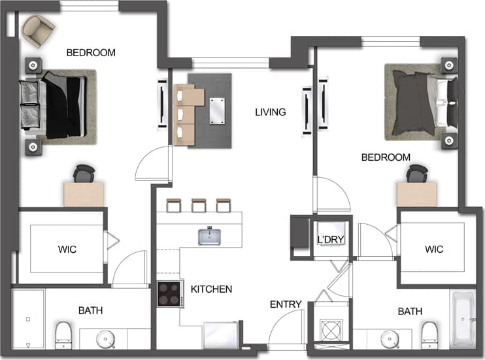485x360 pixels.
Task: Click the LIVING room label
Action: pyautogui.click(x=271, y=112)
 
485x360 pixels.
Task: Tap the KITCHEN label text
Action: pyautogui.click(x=211, y=289)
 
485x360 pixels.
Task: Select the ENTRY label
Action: pyautogui.click(x=286, y=304)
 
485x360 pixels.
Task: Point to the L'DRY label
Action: pyautogui.click(x=330, y=240)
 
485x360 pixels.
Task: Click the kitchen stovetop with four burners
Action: pyautogui.click(x=169, y=294)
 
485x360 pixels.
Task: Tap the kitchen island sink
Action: pyautogui.click(x=210, y=236)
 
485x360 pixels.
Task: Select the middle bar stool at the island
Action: pyautogui.click(x=199, y=205)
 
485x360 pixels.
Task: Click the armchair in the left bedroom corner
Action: pyautogui.click(x=38, y=28)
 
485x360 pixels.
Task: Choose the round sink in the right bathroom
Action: pyautogui.click(x=390, y=339)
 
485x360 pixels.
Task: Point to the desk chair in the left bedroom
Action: pyautogui.click(x=84, y=174)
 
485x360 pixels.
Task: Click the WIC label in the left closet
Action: pyautogui.click(x=67, y=250)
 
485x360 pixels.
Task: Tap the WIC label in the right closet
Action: pyautogui.click(x=434, y=249)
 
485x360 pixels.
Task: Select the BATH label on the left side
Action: pyautogui.click(x=90, y=310)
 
